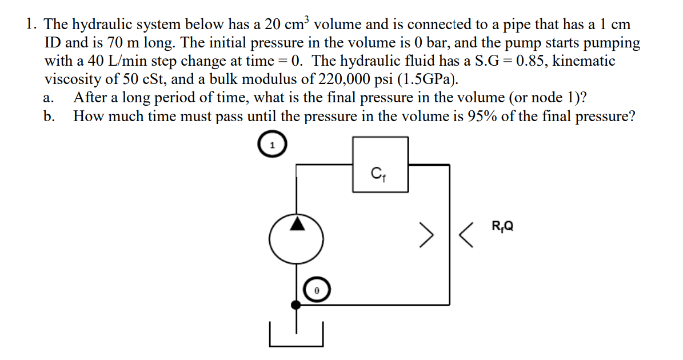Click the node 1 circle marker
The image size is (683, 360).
272,145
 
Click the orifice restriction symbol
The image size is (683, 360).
448,235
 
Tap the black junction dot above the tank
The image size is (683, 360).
296,305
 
